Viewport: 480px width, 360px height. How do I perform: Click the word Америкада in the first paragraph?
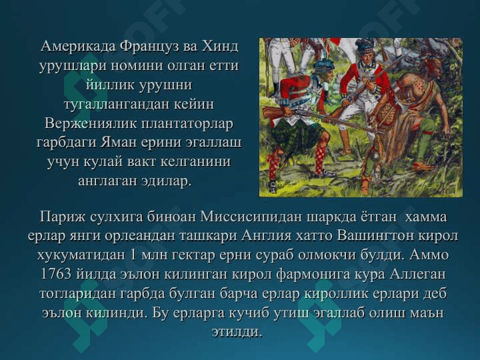78,47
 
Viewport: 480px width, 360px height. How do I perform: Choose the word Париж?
63,217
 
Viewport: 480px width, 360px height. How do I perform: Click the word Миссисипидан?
251,217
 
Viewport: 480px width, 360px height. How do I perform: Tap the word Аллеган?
417,274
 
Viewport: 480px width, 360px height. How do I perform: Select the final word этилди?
237,332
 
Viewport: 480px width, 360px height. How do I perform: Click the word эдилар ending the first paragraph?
166,181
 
